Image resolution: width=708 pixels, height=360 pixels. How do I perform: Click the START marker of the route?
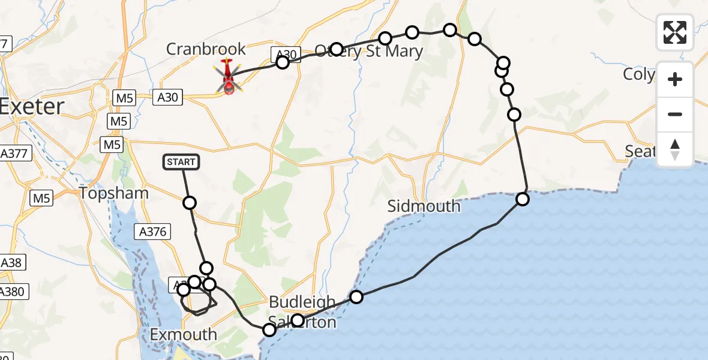180,161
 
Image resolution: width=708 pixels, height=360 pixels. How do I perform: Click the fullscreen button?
675,32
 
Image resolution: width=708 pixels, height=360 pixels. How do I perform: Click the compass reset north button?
675,149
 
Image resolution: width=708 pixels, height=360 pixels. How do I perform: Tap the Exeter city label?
31,107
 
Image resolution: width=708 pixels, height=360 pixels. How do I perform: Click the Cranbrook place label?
206,49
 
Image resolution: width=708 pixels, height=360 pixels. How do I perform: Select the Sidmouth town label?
424,206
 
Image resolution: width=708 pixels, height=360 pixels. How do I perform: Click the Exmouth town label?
183,334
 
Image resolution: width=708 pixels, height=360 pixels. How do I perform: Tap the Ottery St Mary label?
369,51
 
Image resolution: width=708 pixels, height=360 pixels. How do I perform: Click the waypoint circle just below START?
190,203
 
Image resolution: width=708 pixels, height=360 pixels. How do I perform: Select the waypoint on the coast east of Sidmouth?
523,199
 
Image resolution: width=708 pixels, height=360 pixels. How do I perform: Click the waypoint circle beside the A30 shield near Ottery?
283,62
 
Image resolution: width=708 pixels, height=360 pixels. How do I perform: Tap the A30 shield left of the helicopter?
167,97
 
